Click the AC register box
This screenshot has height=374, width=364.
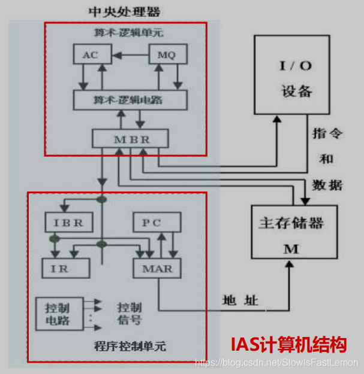pos(89,55)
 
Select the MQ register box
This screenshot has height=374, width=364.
pos(167,55)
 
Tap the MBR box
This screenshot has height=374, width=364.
pos(130,139)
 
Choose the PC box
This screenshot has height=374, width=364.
pos(156,223)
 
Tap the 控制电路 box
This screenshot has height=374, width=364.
pos(58,314)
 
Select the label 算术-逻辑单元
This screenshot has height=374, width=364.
pos(125,31)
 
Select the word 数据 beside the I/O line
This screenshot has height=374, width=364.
pos(327,186)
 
